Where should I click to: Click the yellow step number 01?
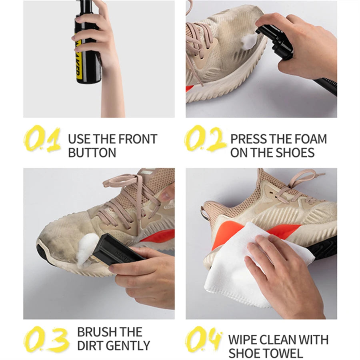[x=42, y=139]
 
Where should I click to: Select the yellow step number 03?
[x=46, y=339]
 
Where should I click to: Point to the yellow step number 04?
[x=204, y=339]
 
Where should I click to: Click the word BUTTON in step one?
[x=92, y=152]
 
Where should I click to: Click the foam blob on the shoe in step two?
[x=249, y=41]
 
